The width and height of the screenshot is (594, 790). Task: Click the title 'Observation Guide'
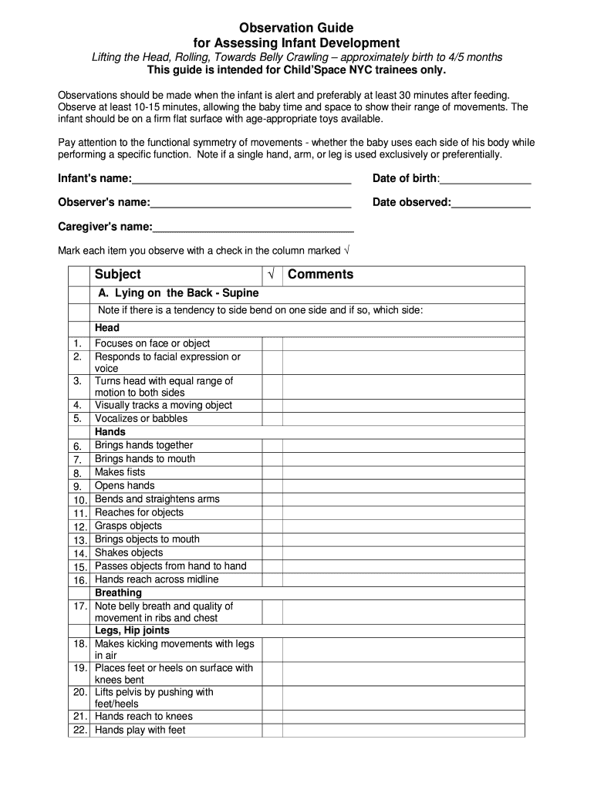296,28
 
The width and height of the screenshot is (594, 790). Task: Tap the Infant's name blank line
241,180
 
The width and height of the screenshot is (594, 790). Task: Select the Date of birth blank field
485,180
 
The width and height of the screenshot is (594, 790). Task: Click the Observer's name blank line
251,203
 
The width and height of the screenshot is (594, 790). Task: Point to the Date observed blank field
491,203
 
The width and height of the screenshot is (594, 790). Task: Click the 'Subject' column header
118,275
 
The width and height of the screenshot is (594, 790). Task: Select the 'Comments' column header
320,275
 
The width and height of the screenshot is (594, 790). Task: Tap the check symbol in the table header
272,275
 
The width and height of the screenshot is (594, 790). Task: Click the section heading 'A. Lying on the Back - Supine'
177,294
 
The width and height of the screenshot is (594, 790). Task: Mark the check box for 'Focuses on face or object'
272,343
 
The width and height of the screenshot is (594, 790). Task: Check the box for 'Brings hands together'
272,446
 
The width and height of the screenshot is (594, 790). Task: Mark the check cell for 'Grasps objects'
272,526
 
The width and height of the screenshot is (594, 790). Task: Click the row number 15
80,567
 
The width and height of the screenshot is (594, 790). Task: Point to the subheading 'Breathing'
118,593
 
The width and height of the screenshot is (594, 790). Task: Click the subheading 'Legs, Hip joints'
132,630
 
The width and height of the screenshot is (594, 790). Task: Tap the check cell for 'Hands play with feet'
272,730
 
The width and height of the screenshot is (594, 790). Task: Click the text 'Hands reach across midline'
157,579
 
